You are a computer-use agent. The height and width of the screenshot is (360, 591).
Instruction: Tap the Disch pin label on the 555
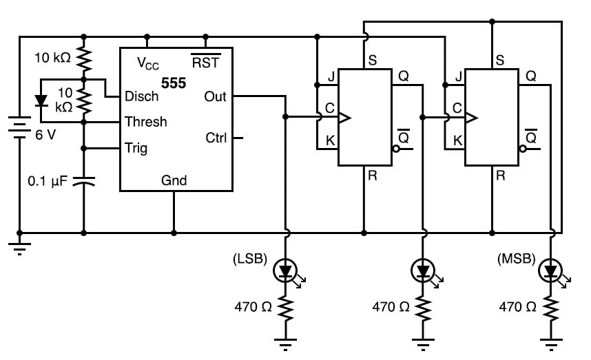click(141, 96)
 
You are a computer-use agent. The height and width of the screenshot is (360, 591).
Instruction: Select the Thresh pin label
click(145, 122)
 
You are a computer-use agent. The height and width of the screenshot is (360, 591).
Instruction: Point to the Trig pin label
click(136, 147)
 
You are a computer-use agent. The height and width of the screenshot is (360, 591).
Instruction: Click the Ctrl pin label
click(216, 138)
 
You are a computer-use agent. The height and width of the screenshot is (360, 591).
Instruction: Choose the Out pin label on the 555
click(215, 97)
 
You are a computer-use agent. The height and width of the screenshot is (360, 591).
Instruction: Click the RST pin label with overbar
click(206, 63)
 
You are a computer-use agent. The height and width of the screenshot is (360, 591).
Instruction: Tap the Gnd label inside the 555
click(174, 180)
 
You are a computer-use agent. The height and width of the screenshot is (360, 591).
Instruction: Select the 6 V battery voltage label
click(45, 135)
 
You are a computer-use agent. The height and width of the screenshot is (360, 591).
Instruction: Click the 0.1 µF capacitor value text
click(46, 182)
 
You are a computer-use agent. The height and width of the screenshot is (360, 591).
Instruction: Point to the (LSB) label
click(249, 260)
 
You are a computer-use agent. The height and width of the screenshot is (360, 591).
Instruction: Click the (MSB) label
click(516, 260)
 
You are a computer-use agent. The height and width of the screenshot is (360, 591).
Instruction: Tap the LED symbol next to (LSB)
click(285, 271)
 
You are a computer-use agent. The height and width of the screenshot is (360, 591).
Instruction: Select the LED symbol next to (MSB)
click(550, 271)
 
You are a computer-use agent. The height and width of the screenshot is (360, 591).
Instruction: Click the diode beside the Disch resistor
click(41, 101)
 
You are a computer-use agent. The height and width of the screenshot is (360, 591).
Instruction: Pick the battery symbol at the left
click(19, 129)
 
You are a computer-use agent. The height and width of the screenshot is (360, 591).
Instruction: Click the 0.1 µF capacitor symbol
click(83, 182)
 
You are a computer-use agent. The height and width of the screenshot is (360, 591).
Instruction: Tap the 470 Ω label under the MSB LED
click(517, 306)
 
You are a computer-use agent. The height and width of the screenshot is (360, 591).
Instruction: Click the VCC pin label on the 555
click(148, 63)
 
